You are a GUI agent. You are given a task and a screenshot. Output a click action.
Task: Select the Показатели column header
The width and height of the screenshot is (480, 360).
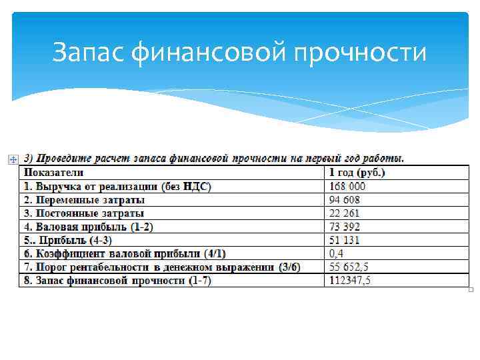pos(51,173)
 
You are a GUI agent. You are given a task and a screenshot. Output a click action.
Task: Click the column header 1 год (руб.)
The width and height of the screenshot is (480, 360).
pos(357,173)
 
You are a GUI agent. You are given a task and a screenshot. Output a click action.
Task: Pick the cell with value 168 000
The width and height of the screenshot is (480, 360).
pos(347,186)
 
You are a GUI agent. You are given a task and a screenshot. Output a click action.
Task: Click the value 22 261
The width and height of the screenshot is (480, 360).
pos(344,213)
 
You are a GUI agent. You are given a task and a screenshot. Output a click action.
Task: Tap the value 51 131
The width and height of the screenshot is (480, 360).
pos(344,240)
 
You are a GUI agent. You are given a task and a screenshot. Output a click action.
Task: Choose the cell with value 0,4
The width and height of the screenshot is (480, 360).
pos(337,253)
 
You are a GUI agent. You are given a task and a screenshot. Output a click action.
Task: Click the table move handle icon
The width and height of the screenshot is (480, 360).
pos(12,159)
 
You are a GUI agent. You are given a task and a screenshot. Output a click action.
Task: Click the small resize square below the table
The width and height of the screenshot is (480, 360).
pos(471,290)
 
